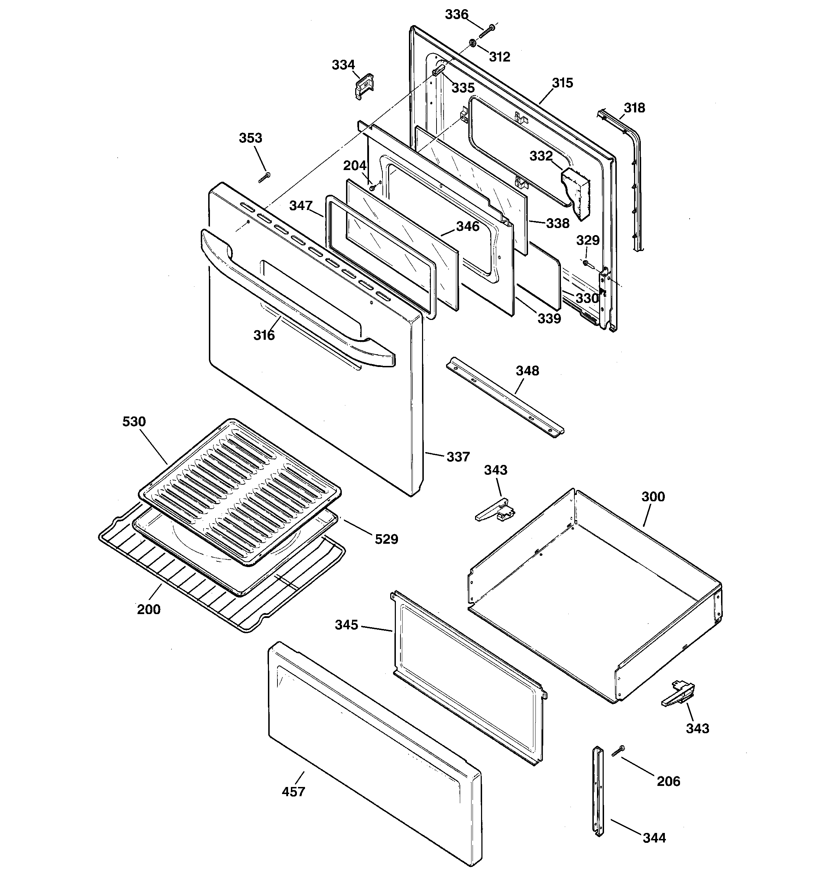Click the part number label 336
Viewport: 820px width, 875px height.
(456, 14)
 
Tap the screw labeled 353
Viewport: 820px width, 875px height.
(264, 176)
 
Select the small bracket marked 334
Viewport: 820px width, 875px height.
(364, 86)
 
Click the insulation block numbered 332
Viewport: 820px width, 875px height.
(576, 193)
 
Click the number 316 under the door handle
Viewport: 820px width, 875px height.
(264, 336)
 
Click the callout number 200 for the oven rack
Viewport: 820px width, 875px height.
(149, 609)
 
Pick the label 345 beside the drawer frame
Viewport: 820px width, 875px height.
(346, 625)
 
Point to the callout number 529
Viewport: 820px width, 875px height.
(386, 539)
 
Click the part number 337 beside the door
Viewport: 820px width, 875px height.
(458, 457)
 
